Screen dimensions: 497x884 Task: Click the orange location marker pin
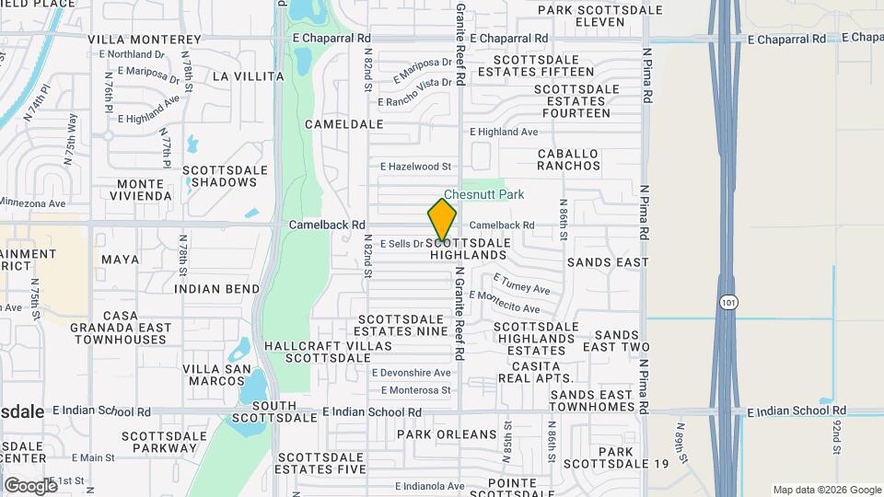(x=442, y=220)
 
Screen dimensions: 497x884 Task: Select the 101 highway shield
(x=728, y=302)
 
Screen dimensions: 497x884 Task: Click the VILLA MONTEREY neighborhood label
(x=145, y=40)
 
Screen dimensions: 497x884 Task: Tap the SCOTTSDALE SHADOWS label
(x=226, y=177)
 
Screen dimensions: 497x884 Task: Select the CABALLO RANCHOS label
(x=568, y=160)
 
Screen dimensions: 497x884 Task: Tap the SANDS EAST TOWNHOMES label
(x=591, y=400)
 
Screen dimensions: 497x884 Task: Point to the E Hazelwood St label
(x=416, y=167)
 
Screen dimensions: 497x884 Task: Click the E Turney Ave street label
(x=521, y=283)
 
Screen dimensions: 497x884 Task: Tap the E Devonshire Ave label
(x=411, y=373)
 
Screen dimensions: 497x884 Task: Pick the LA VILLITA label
(x=248, y=76)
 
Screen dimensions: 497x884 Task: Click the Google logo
(x=30, y=484)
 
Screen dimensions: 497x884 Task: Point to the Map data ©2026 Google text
(x=826, y=490)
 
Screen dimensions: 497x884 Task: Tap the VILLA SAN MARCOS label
(x=216, y=376)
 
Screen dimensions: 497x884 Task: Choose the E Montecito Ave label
(x=504, y=302)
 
